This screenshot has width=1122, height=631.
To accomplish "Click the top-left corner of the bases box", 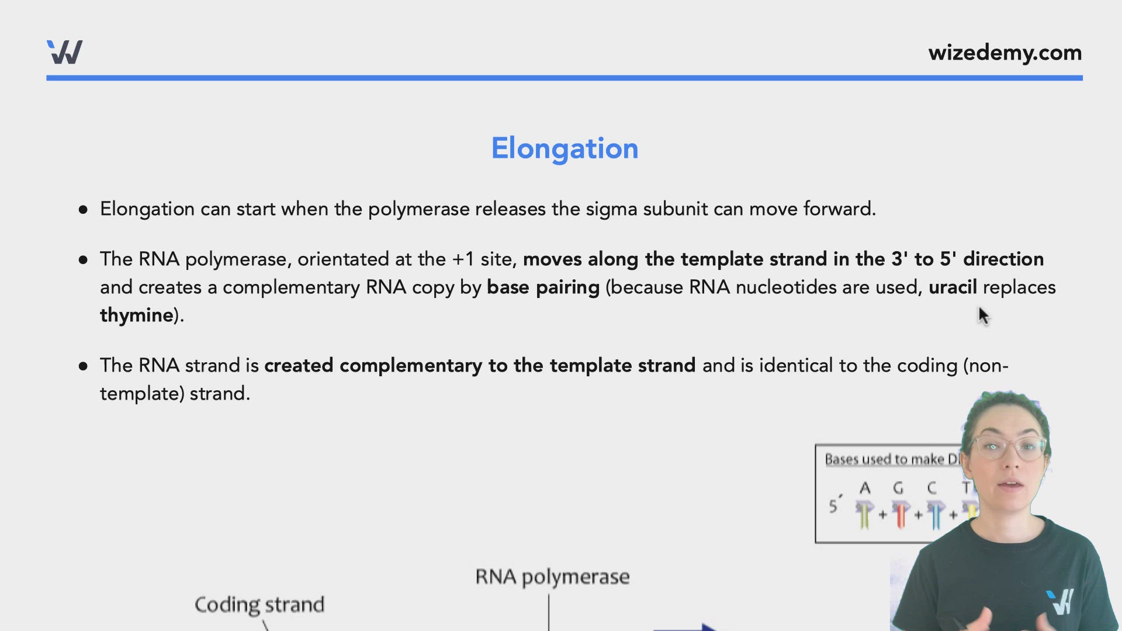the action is tap(816, 445).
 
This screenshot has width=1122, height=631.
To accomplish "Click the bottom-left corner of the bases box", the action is tap(816, 543).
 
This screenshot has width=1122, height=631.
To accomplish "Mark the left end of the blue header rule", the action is tap(47, 78).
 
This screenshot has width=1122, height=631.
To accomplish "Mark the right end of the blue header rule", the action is tap(1083, 78).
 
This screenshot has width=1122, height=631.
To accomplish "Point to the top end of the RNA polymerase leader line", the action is tap(549, 595).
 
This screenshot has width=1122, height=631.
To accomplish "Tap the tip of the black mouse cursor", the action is tap(979, 307).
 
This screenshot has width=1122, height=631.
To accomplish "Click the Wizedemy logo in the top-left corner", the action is tap(65, 52).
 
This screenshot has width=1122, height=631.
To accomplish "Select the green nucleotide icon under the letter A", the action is tap(864, 514).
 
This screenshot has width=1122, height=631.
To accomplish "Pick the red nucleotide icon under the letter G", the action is tap(900, 514).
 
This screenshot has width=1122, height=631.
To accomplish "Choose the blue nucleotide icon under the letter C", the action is tap(935, 514).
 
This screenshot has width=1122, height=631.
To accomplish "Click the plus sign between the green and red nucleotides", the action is tap(882, 515).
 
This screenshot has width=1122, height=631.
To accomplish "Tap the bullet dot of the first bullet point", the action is tap(83, 209).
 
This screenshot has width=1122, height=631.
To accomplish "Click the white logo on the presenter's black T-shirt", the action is tap(1060, 602).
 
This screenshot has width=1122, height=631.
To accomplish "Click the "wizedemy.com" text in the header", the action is tap(1005, 53).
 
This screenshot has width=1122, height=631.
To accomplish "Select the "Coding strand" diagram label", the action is tap(259, 605).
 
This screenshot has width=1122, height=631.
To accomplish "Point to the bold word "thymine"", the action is tap(137, 315).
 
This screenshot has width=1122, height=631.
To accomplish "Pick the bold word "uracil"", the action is tap(953, 287).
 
